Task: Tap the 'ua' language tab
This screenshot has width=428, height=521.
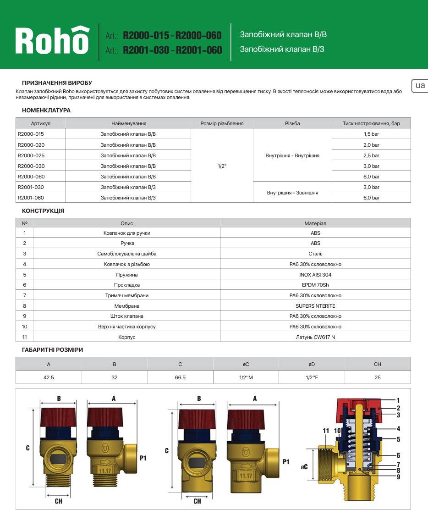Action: [420, 85]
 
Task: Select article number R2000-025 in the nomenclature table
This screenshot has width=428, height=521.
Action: [31, 155]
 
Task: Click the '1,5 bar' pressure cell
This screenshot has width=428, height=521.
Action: [371, 134]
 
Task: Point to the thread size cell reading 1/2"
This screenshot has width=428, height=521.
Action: [222, 166]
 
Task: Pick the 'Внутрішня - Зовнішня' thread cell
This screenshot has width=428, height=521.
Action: [292, 193]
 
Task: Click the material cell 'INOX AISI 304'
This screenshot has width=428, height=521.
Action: [315, 275]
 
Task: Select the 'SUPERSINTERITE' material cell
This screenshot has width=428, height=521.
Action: [315, 306]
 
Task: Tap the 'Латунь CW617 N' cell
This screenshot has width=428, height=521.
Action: [315, 337]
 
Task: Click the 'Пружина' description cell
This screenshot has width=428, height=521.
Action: [127, 275]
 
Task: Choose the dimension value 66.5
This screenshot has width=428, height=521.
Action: [180, 377]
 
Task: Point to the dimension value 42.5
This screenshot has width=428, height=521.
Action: [49, 377]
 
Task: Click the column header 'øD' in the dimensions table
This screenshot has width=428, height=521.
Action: [312, 364]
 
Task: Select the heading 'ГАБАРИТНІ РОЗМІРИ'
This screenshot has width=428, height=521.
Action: [52, 350]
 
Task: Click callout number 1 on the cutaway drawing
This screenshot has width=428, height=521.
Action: [398, 400]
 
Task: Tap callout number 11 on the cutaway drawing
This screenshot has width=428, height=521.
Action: [326, 431]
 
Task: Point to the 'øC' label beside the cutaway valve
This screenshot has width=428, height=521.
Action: [304, 467]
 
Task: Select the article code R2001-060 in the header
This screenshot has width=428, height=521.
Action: [199, 50]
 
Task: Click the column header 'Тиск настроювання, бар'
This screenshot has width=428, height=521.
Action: [371, 123]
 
